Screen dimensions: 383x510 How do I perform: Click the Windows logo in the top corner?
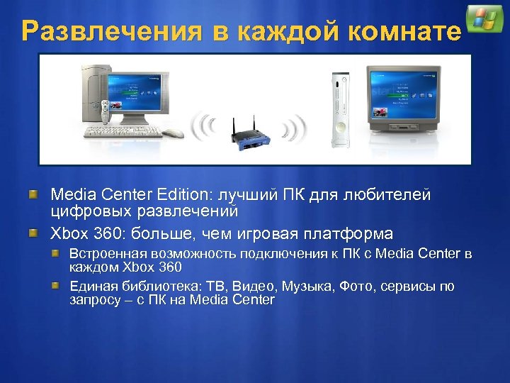click(485, 19)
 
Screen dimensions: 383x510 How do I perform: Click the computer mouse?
click(173, 133)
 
